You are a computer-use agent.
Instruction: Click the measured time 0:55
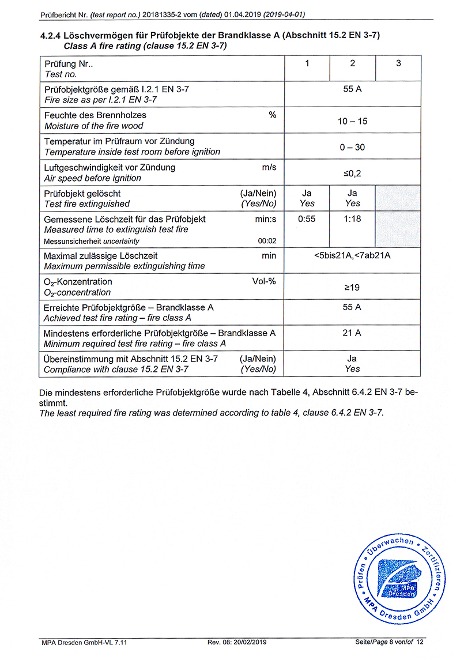point(307,220)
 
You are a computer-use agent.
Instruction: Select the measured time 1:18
point(352,220)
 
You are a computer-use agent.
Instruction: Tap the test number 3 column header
point(398,63)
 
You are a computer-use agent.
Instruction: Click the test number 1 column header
point(307,63)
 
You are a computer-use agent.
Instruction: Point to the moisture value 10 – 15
point(352,121)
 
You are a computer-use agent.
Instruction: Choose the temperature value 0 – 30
point(352,147)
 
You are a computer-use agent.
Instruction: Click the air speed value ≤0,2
point(352,173)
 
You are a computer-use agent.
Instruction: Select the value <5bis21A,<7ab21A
point(352,255)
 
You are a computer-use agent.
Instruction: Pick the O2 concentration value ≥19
point(352,287)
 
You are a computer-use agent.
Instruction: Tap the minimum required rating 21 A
point(352,333)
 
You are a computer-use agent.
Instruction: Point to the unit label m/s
point(269,168)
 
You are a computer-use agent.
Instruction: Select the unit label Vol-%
point(264,282)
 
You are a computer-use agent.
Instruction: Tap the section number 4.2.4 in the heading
point(51,36)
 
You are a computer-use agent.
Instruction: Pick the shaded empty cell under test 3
point(398,198)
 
